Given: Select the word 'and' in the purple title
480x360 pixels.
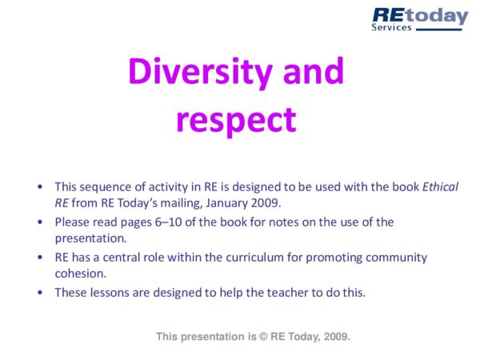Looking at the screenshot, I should tap(314, 73).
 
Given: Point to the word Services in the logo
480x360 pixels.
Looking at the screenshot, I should tap(391, 27).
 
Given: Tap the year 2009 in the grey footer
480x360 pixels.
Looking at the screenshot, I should tap(336, 337).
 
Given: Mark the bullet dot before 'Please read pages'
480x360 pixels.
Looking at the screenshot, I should tap(41, 222).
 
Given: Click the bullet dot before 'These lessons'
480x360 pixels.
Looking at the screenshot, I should tap(41, 292).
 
